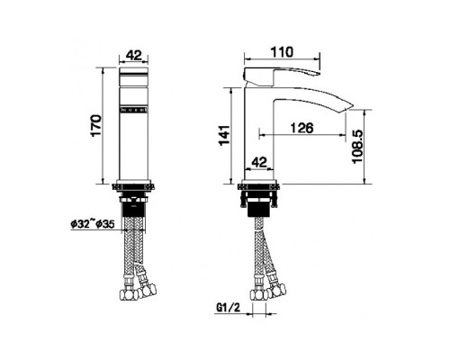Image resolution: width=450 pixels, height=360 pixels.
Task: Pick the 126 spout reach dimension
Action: coord(301,129)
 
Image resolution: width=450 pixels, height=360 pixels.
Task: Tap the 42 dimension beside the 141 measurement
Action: coord(258,163)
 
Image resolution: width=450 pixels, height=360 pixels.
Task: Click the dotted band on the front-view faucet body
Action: coord(134,113)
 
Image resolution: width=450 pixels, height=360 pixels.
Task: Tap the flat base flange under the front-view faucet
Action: coord(134,186)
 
